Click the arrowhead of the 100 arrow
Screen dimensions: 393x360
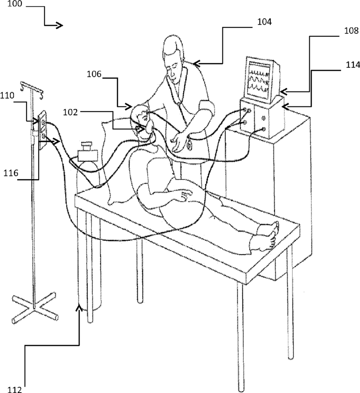pos(60,26)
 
